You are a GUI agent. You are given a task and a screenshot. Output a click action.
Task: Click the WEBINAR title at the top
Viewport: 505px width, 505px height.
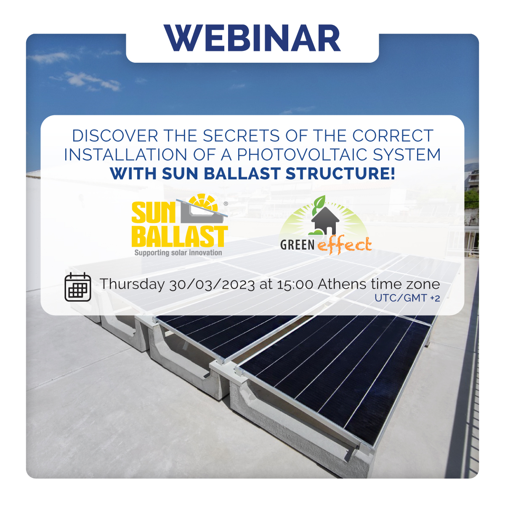(x=252, y=38)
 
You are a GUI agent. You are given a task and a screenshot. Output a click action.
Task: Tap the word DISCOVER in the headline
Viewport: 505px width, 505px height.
(x=115, y=136)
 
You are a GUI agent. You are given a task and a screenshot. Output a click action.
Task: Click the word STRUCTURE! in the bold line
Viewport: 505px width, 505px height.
(x=340, y=173)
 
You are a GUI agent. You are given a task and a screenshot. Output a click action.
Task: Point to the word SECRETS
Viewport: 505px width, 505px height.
(x=242, y=136)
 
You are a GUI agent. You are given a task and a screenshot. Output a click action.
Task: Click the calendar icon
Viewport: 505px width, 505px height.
(x=78, y=287)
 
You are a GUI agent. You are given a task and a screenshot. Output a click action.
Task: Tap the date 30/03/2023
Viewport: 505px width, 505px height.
(x=212, y=284)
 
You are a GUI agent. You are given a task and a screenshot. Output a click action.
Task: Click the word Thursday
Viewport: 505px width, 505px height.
(x=132, y=284)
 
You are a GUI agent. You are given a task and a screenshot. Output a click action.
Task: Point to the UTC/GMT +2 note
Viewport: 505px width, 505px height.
(x=407, y=298)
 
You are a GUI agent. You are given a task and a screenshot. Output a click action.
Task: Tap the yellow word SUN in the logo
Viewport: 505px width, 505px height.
(x=153, y=213)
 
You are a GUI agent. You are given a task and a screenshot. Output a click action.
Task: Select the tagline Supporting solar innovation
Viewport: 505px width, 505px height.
(x=178, y=252)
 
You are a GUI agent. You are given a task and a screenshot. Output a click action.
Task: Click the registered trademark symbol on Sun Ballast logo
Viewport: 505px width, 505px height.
(x=226, y=203)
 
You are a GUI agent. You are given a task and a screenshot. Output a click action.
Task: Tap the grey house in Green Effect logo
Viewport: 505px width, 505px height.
(x=325, y=221)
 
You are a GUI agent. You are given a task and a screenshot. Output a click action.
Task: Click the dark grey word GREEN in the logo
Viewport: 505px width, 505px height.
(x=297, y=245)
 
